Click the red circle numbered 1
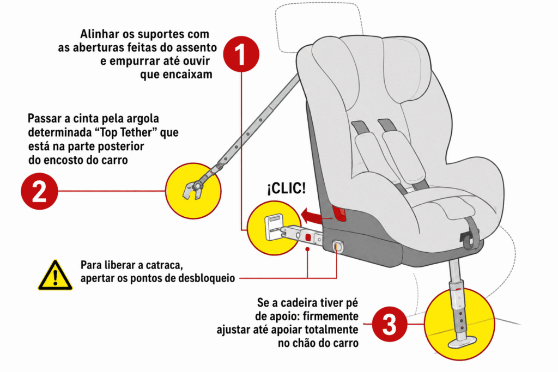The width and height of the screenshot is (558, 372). click(x=241, y=54)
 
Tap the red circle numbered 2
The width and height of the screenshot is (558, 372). click(x=39, y=191)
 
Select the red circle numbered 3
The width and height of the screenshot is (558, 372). click(x=389, y=324)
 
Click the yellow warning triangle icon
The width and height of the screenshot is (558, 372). click(x=55, y=275)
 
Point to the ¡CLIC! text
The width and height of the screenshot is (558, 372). click(x=286, y=188)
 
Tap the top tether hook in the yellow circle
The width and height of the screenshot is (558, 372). click(x=194, y=188)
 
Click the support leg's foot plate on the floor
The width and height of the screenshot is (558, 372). click(x=462, y=342)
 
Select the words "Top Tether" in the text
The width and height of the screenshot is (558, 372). click(x=126, y=132)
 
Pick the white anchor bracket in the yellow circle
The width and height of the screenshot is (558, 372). click(x=274, y=227)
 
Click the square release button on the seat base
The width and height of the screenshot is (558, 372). click(x=337, y=246)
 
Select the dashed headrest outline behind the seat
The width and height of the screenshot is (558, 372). click(x=318, y=25)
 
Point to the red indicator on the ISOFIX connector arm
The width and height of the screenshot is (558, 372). click(x=307, y=237)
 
